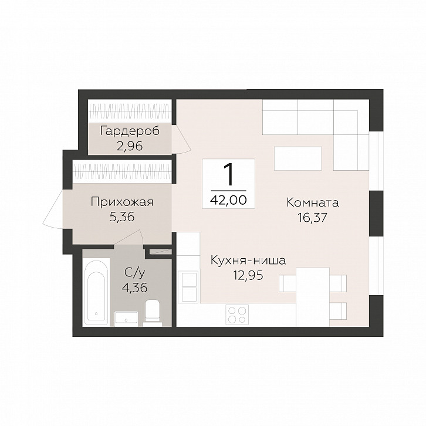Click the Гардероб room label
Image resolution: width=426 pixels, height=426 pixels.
(130, 131)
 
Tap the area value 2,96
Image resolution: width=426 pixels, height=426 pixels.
(130, 147)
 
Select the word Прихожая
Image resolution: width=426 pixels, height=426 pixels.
(122, 202)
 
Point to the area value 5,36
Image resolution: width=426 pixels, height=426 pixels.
(122, 217)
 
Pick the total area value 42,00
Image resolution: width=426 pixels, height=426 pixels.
(228, 200)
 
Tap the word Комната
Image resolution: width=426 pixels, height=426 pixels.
(313, 203)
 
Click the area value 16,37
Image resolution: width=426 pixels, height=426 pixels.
(312, 218)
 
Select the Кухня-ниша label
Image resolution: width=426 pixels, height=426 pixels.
(248, 261)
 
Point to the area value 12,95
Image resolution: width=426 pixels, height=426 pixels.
(248, 275)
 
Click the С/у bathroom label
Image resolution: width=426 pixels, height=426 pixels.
(134, 273)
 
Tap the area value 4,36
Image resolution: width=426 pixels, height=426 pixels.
(135, 288)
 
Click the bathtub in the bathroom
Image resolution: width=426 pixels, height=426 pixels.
(96, 292)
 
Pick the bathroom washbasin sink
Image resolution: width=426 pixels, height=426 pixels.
(126, 319)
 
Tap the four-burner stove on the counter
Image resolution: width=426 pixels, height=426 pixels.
(237, 314)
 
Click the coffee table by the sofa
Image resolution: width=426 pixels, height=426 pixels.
(297, 158)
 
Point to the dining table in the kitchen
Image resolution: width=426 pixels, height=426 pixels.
(312, 297)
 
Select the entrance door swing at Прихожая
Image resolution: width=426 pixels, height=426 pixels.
(53, 209)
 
